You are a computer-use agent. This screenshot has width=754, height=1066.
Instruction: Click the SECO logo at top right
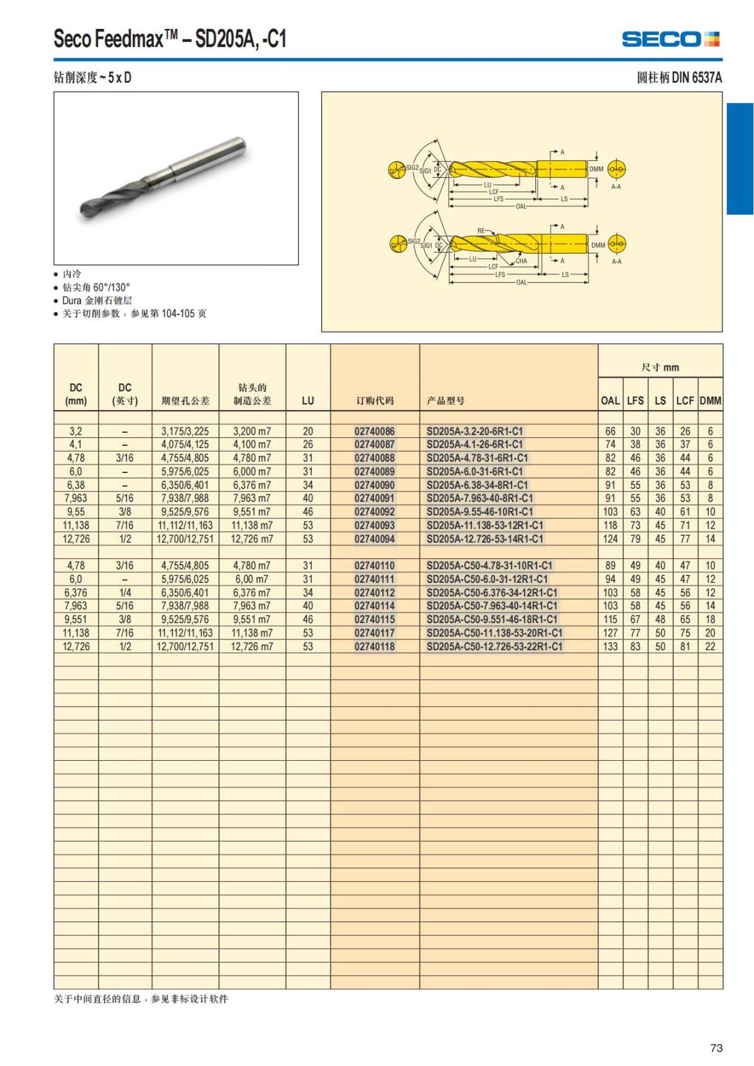click(x=670, y=39)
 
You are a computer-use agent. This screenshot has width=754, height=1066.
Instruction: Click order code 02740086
click(x=374, y=432)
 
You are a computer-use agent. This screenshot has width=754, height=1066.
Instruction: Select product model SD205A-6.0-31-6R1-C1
click(x=474, y=472)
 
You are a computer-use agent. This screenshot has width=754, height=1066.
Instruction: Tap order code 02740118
click(x=374, y=646)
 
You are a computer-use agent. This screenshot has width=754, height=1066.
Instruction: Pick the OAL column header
click(x=610, y=400)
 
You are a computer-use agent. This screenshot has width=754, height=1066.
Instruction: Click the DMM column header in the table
click(x=710, y=400)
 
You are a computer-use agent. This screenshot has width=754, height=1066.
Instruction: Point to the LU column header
click(x=308, y=400)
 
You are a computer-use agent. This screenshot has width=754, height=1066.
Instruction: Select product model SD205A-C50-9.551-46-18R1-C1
click(x=492, y=619)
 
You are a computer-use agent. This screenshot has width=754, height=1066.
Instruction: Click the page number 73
click(x=716, y=1048)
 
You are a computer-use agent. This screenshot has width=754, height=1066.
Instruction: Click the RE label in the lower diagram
click(x=481, y=231)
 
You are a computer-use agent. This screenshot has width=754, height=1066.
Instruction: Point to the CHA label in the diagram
click(x=522, y=261)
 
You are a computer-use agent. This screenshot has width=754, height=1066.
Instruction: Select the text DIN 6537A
click(x=697, y=78)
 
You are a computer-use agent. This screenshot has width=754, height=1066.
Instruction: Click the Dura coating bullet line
click(x=97, y=300)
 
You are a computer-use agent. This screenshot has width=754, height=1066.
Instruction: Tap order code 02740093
click(x=374, y=525)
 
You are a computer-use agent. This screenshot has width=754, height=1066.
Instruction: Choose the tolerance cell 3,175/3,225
click(x=185, y=432)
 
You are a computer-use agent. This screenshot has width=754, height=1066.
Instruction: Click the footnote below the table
click(x=141, y=999)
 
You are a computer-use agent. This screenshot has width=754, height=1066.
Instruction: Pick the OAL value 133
click(x=610, y=646)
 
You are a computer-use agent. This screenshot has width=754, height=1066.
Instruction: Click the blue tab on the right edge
click(x=740, y=158)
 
